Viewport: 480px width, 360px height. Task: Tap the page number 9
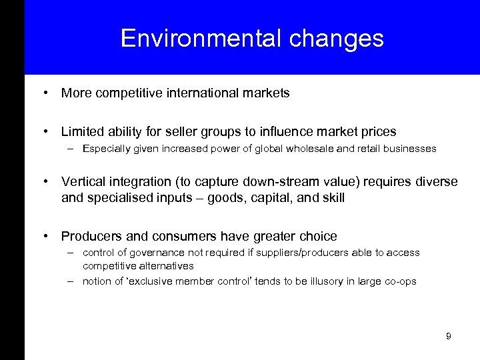pos(449,336)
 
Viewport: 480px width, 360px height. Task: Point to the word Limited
pos(82,132)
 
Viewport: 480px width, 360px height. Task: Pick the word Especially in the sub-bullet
pos(107,149)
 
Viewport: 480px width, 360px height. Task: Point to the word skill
pos(332,197)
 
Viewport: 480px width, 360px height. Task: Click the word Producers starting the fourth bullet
pos(89,236)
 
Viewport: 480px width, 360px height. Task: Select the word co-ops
pos(399,281)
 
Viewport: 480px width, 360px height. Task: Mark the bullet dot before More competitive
pos(45,93)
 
